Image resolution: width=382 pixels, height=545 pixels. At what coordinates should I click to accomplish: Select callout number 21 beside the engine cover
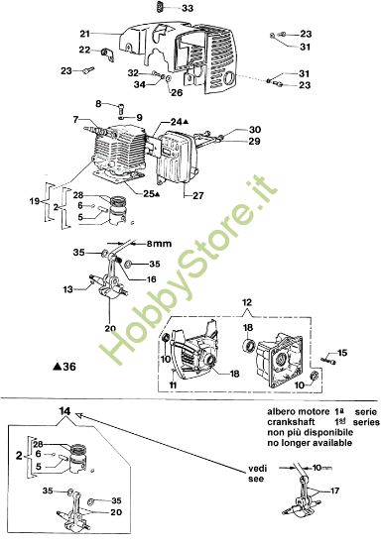click(85, 35)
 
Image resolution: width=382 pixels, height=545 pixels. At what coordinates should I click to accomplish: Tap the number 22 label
click(84, 51)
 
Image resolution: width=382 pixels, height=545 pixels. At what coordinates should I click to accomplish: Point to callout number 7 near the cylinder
click(75, 120)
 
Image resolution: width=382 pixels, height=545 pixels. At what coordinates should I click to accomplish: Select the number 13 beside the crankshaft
click(68, 289)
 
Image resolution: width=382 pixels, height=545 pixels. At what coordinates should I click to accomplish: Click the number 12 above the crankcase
click(246, 300)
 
